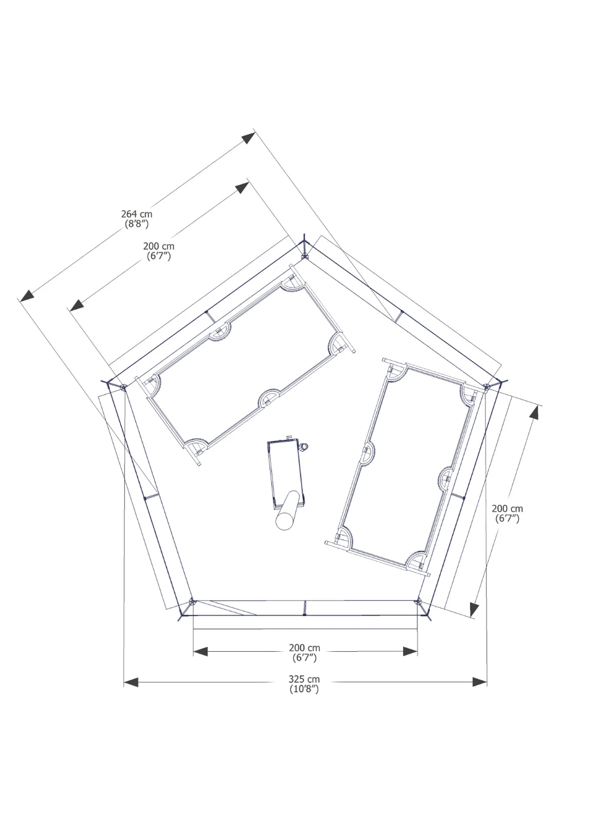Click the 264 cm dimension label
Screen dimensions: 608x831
(x=137, y=214)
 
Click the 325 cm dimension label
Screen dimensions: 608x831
(x=304, y=679)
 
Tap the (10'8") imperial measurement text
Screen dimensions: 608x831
(x=304, y=689)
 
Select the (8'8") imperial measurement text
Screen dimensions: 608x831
(x=137, y=224)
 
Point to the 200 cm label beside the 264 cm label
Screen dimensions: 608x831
(x=159, y=246)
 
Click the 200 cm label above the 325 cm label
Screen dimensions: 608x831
(x=305, y=648)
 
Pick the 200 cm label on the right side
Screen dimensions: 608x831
(x=507, y=509)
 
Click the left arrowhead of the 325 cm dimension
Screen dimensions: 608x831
(x=131, y=682)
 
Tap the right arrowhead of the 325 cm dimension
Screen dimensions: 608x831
(x=480, y=682)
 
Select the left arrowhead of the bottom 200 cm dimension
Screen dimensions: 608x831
(x=201, y=651)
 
